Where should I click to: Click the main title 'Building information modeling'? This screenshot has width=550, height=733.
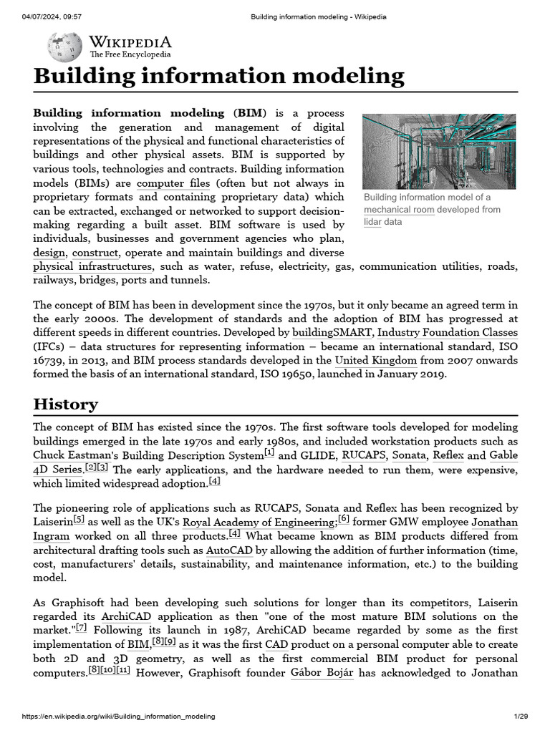pyautogui.click(x=218, y=75)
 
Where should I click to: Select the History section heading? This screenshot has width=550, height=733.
pyautogui.click(x=66, y=404)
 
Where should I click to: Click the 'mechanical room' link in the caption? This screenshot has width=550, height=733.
pyautogui.click(x=399, y=210)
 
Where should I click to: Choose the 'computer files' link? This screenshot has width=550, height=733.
pyautogui.click(x=173, y=183)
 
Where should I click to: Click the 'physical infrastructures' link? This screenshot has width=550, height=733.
pyautogui.click(x=92, y=266)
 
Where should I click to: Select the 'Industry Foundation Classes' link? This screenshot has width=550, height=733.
pyautogui.click(x=448, y=332)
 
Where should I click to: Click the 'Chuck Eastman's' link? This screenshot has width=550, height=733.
pyautogui.click(x=74, y=455)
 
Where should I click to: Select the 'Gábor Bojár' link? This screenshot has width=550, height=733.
pyautogui.click(x=322, y=674)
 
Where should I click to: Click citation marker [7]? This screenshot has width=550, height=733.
pyautogui.click(x=82, y=627)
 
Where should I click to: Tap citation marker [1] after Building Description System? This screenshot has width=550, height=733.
pyautogui.click(x=269, y=452)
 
